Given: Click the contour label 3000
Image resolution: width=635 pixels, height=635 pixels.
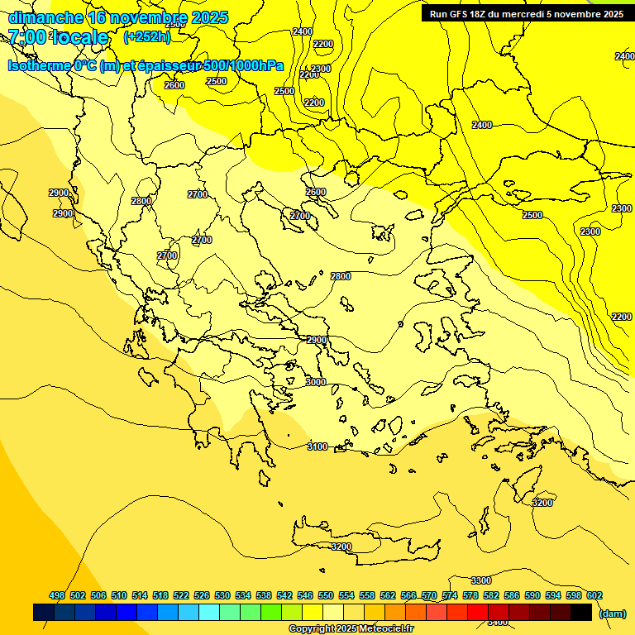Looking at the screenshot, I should point(316,382).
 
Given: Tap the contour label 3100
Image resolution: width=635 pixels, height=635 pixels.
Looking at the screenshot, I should point(317,446).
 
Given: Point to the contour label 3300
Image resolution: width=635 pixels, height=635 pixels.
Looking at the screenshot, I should point(480,580).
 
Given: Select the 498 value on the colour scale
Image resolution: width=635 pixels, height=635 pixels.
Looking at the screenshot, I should point(57,595).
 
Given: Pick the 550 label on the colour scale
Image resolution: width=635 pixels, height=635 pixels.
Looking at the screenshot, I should point(326,595).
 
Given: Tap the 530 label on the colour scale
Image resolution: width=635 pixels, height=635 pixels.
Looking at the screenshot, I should point(222,595).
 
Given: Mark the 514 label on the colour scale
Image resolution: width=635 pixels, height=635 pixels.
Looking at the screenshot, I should point(140,595).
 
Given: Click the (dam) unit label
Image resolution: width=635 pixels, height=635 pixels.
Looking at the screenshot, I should point(612,613).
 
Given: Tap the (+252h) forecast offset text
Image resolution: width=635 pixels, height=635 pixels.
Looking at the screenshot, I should point(146,36).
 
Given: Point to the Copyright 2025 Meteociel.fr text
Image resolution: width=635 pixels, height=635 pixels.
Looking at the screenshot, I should point(351,629).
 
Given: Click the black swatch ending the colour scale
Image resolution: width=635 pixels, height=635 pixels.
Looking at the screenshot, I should point(581,612).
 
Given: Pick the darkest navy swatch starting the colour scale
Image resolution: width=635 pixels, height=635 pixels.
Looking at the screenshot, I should point(44,612).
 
